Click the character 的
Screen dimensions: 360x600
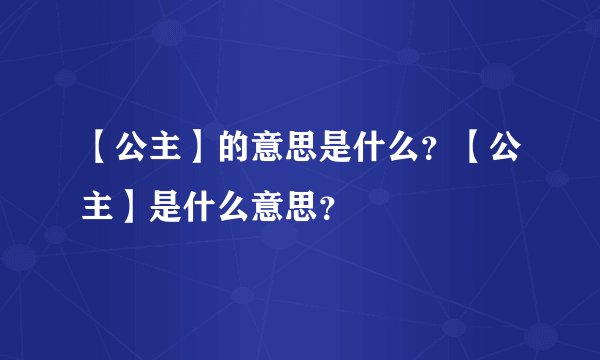click(232, 150)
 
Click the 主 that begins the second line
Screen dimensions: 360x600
click(96, 209)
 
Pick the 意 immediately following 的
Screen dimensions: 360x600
click(266, 150)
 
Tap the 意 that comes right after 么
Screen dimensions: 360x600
click(266, 209)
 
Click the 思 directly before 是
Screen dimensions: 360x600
click(300, 150)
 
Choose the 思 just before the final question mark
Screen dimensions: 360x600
click(300, 209)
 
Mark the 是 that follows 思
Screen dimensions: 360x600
click(334, 150)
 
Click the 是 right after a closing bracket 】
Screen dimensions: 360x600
click(164, 209)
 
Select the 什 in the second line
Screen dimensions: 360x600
click(198, 209)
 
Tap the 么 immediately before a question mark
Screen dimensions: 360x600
click(402, 150)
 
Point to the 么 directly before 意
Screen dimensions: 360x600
click(232, 209)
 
